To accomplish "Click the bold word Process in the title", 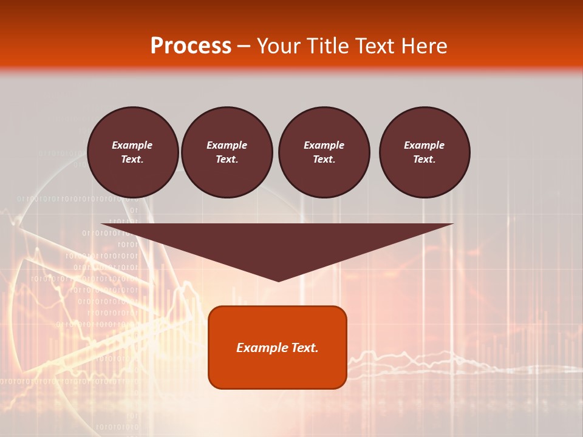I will tap(191, 46).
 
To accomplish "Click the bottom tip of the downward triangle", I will tap(278, 280).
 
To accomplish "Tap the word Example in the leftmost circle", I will tap(132, 145).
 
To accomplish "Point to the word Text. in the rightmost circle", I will tap(424, 159).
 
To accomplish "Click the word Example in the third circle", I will tap(324, 145).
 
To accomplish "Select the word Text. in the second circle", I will tap(227, 159).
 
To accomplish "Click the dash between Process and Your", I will tap(244, 46).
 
